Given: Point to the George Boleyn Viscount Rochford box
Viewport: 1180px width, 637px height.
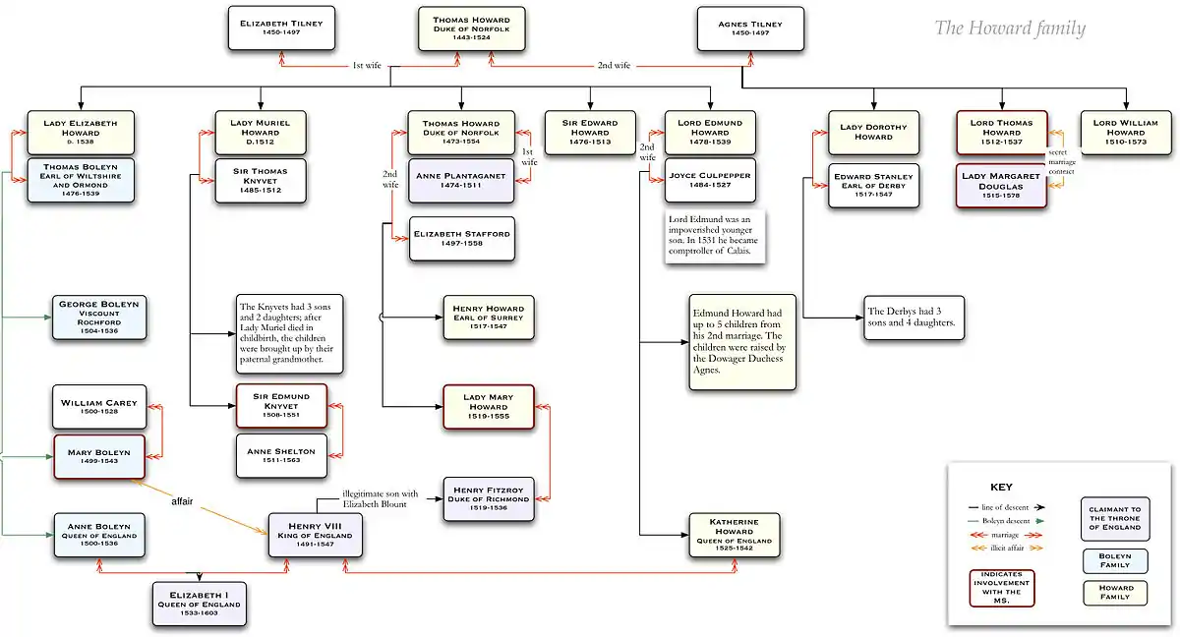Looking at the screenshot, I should pyautogui.click(x=99, y=318).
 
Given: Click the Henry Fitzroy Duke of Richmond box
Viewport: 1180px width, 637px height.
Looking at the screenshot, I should pyautogui.click(x=489, y=500).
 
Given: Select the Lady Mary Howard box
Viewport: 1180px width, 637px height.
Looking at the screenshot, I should pyautogui.click(x=489, y=407).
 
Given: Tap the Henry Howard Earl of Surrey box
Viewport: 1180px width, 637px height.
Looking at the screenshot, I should pyautogui.click(x=489, y=317).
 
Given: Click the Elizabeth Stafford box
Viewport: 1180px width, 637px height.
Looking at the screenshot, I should pyautogui.click(x=461, y=239).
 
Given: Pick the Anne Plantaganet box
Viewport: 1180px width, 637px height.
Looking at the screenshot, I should pyautogui.click(x=461, y=182).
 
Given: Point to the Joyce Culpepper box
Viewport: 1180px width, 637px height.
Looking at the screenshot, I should pyautogui.click(x=710, y=181).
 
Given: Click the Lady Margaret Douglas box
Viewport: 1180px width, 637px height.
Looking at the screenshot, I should pyautogui.click(x=1001, y=186).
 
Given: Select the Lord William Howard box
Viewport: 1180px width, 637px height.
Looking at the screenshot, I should pyautogui.click(x=1126, y=133).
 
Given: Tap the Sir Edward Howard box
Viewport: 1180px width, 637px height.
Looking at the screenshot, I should pyautogui.click(x=590, y=133).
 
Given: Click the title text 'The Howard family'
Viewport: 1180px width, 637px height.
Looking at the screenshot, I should pyautogui.click(x=1010, y=29).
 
